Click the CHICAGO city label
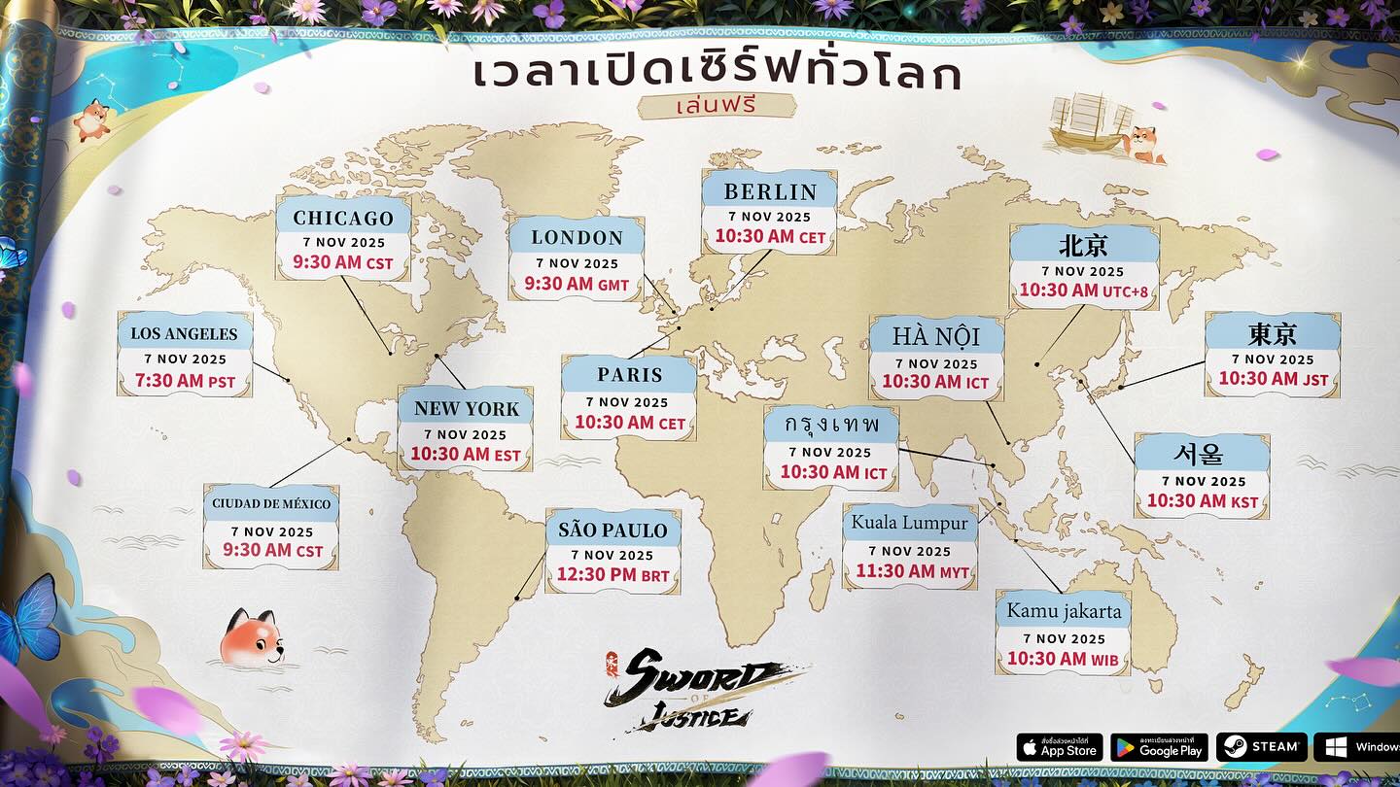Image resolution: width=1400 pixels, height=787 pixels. [x=343, y=218]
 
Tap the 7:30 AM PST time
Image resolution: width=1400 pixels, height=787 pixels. [x=185, y=381]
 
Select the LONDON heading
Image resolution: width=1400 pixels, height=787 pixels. [x=577, y=237]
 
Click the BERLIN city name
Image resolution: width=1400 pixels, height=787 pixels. [x=770, y=190]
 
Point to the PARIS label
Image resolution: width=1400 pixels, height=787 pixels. [x=630, y=375]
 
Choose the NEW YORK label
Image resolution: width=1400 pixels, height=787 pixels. [x=467, y=408]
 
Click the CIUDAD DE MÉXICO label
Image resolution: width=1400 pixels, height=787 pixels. [x=271, y=504]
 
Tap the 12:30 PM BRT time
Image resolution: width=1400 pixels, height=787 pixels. [x=612, y=575]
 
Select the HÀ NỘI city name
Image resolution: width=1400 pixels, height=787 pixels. [x=936, y=336]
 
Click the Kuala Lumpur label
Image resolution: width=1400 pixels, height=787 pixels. [x=910, y=523]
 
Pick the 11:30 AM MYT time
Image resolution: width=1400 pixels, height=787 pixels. [x=912, y=572]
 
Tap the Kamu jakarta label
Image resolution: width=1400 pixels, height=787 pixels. [x=1064, y=611]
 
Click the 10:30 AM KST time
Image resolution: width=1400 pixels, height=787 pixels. [x=1203, y=501]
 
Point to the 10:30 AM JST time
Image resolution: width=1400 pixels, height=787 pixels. [x=1273, y=379]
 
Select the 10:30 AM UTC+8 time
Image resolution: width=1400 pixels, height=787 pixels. [x=1083, y=291]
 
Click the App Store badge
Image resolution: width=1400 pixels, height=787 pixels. [x=1059, y=747]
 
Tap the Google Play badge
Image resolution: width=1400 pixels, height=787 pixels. [x=1159, y=747]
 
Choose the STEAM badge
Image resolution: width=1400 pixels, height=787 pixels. [x=1261, y=747]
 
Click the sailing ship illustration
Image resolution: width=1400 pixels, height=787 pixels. [x=1089, y=121]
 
